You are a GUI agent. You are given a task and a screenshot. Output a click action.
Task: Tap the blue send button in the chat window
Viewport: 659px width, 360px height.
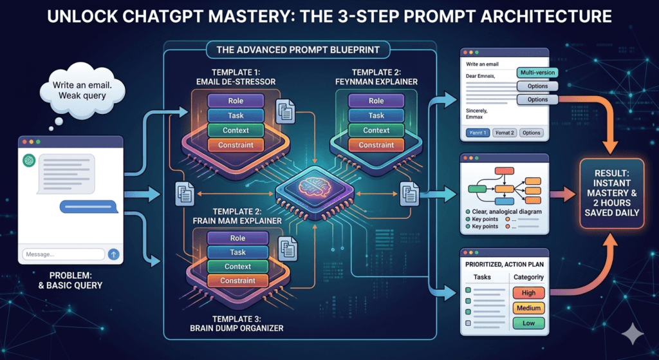(x=114, y=254)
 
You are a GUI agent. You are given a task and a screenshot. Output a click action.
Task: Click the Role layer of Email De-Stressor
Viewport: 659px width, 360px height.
(x=236, y=101)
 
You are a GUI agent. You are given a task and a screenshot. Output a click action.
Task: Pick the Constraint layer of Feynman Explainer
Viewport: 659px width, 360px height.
(x=376, y=146)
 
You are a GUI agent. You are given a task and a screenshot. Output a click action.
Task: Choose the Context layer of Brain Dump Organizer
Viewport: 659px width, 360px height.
(x=237, y=267)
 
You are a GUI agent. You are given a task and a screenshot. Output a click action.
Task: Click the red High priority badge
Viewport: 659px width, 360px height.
(x=528, y=293)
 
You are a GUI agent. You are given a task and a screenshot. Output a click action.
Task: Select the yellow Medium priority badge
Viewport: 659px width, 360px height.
(x=528, y=308)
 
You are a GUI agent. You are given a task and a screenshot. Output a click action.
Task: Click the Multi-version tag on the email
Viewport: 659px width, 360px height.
(x=536, y=73)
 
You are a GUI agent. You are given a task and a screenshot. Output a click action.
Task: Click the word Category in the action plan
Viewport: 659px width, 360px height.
(x=528, y=277)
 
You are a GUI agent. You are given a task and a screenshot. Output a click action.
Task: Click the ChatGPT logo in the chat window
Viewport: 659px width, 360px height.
(x=28, y=160)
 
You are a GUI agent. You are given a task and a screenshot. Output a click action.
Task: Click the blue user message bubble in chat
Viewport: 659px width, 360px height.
(x=88, y=207)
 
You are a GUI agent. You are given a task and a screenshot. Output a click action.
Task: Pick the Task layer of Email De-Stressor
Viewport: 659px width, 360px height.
(x=236, y=116)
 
